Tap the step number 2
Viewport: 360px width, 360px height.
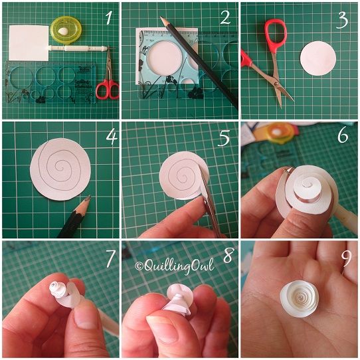225,18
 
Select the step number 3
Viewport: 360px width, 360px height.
343,19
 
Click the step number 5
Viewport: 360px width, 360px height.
225,139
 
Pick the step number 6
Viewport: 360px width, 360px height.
343,136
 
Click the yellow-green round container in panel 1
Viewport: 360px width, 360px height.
64,31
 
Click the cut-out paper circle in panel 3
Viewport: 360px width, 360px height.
319,58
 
